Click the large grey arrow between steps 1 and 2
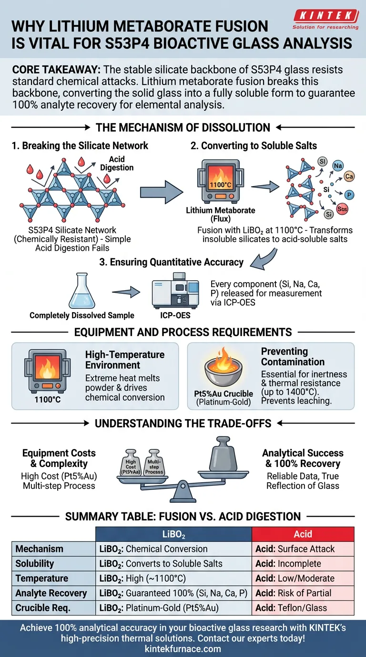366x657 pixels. point(161,192)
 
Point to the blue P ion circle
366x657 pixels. point(350,195)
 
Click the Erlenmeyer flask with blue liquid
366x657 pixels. point(81,292)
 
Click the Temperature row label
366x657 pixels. point(42,578)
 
